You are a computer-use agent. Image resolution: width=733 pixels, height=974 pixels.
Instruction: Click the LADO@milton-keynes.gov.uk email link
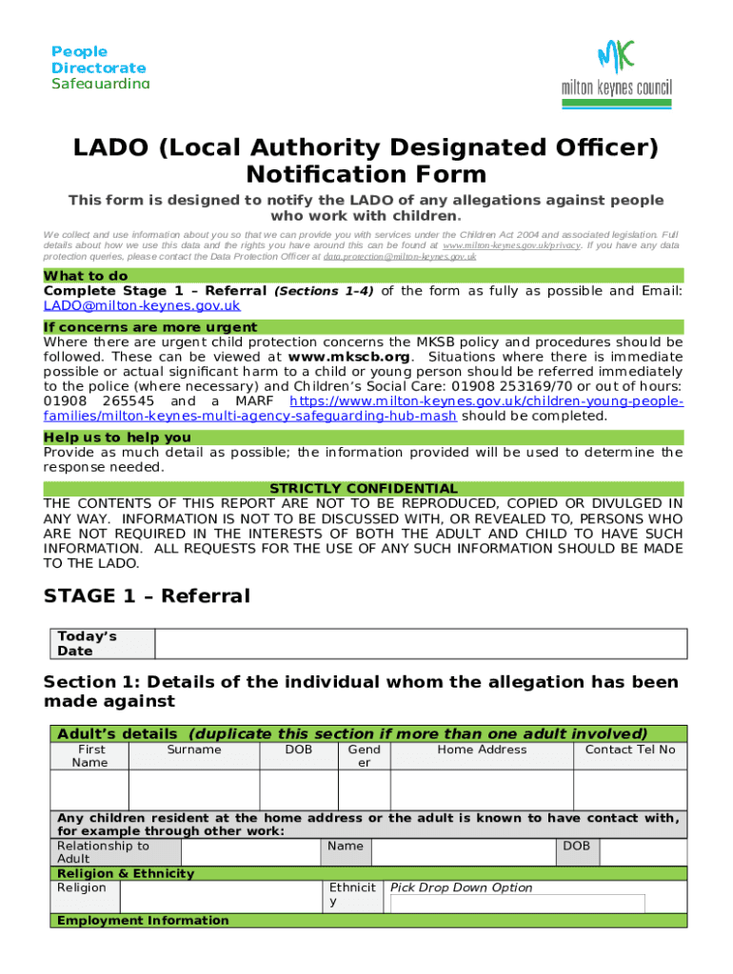[142, 306]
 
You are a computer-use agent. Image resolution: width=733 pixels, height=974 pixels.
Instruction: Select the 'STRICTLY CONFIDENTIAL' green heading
[364, 488]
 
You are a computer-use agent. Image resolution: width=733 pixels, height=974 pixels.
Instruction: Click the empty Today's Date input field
[420, 644]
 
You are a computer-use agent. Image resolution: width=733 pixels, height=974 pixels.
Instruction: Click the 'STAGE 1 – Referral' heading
[148, 596]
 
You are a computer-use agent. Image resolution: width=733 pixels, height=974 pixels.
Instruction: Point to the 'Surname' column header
[193, 750]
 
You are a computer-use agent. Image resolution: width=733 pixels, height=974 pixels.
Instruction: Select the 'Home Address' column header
[482, 750]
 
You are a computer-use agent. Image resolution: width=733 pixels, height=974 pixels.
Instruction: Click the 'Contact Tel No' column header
[629, 750]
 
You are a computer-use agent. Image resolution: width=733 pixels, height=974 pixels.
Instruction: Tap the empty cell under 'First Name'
[89, 790]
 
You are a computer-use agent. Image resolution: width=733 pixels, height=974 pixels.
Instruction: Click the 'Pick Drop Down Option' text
[461, 887]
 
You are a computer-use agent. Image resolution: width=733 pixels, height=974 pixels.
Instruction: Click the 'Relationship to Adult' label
[103, 852]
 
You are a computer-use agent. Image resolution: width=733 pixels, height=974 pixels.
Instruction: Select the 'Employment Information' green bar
[143, 921]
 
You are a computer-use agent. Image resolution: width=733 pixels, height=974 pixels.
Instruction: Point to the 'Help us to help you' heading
[117, 438]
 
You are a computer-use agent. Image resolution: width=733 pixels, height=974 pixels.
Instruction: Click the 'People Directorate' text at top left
[99, 60]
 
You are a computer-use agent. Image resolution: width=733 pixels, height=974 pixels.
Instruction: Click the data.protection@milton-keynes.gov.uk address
[399, 257]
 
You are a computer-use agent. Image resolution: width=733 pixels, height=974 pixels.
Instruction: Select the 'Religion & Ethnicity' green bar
[126, 873]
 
